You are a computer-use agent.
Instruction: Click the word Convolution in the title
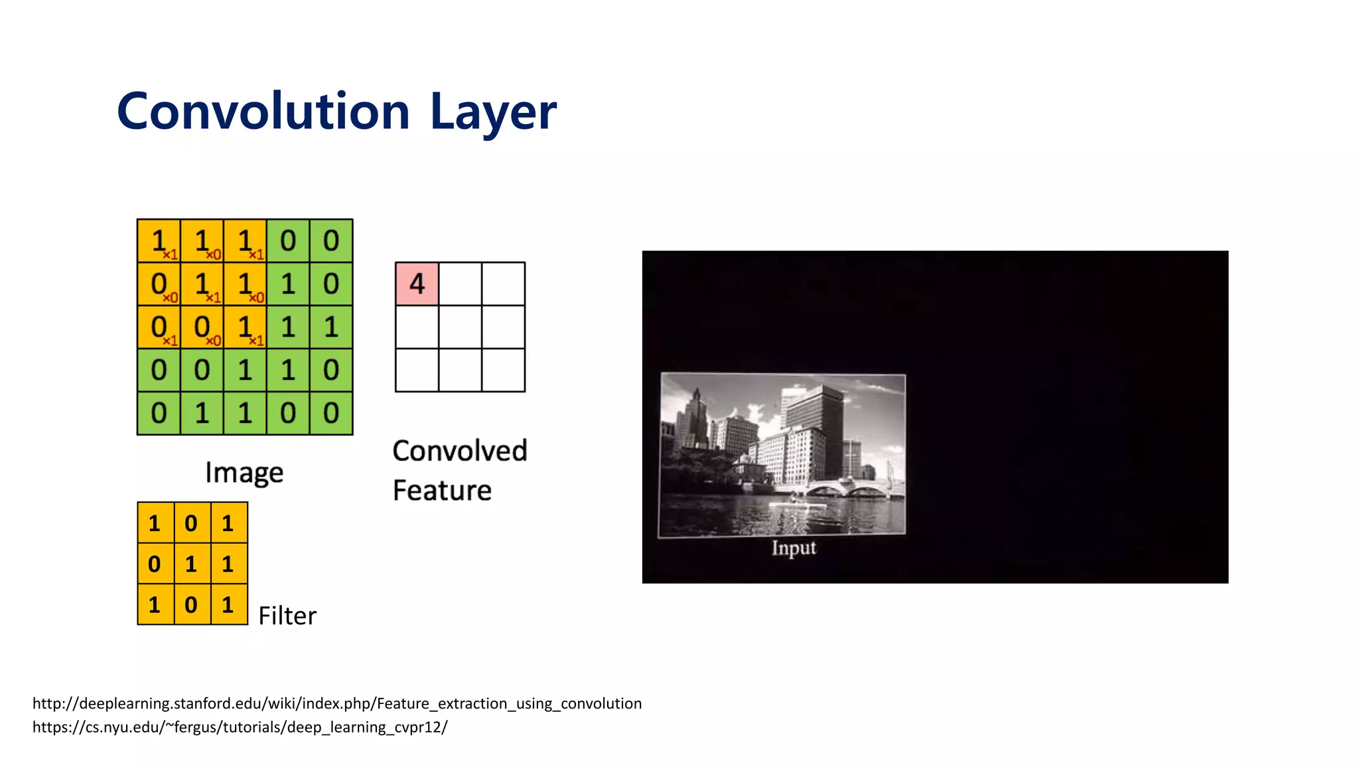(263, 111)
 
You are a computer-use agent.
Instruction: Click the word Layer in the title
(493, 112)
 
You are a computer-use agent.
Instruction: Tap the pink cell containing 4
(417, 284)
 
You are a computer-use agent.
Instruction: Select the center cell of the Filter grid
(192, 564)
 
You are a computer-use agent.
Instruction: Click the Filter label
(287, 616)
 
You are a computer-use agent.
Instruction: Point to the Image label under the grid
(244, 473)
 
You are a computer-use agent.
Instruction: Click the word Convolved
(460, 451)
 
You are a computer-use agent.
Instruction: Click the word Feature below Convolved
(442, 491)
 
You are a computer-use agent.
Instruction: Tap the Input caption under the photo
(794, 548)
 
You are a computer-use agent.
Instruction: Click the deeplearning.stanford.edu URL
(337, 703)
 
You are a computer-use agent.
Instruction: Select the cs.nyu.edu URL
(240, 726)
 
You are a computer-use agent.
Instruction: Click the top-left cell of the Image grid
(159, 240)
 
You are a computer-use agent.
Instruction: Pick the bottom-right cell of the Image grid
(331, 413)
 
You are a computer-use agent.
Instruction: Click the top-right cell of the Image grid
(331, 240)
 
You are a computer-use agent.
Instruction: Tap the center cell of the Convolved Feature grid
(460, 327)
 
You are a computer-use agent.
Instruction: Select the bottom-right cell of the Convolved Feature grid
(503, 370)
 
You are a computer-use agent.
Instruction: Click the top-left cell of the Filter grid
(155, 523)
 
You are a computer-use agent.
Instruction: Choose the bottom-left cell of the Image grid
(159, 413)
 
